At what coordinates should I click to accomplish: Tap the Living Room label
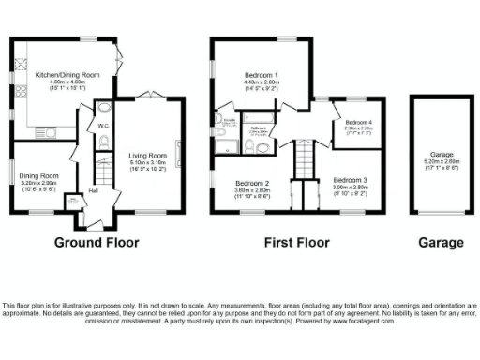(147, 156)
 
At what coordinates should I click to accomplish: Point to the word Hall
(94, 192)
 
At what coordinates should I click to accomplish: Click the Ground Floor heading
(97, 242)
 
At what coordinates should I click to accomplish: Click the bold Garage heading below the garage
(441, 242)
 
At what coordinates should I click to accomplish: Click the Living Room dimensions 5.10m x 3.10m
(147, 165)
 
